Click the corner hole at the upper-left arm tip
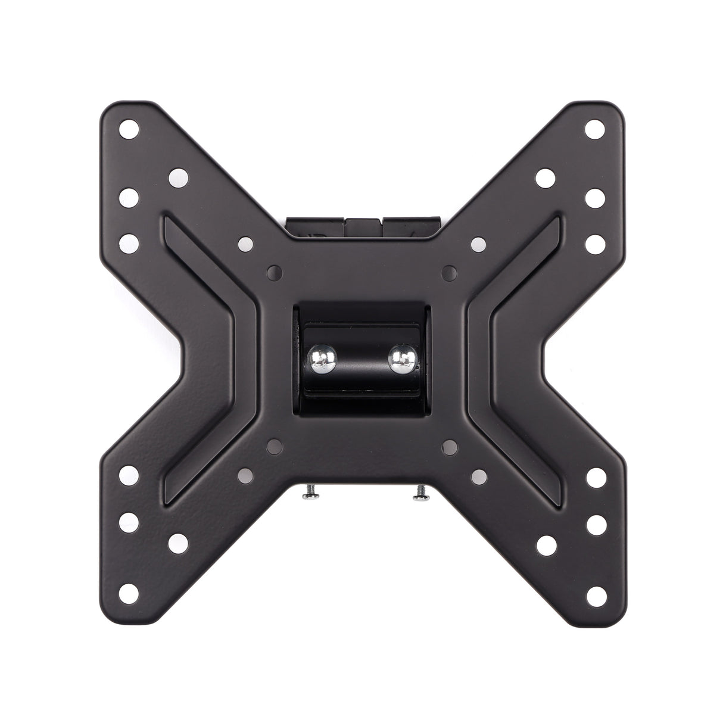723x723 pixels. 127,128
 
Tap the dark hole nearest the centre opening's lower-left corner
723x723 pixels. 274,444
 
